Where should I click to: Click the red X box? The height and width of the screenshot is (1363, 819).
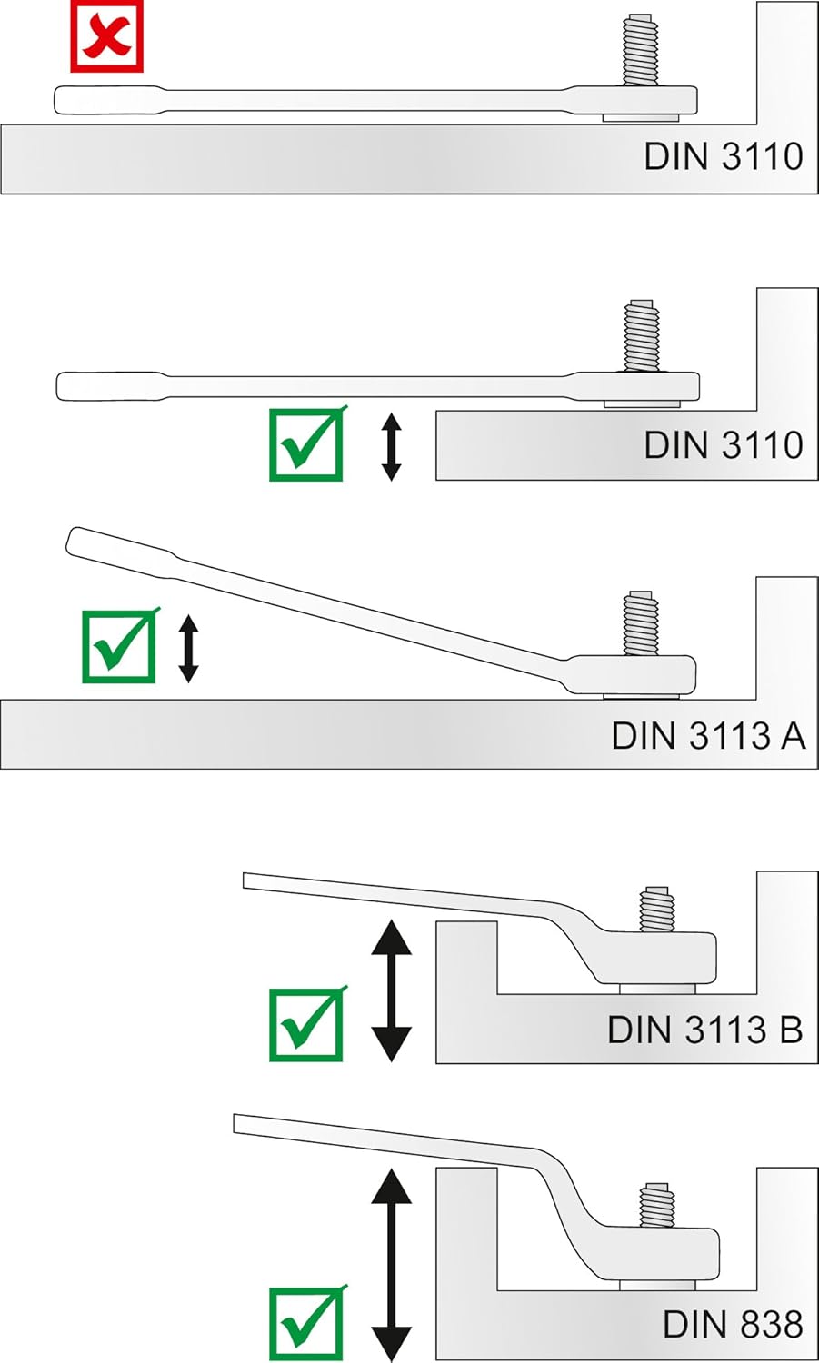pos(107,36)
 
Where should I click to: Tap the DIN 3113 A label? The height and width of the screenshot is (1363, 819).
pos(708,735)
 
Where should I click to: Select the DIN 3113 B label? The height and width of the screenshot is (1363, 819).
pos(704,1030)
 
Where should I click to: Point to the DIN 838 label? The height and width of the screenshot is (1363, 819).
pos(733,1324)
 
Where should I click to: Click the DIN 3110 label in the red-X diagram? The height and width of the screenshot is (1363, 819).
pos(724,156)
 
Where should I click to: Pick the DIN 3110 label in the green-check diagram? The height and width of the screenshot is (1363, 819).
pos(724,445)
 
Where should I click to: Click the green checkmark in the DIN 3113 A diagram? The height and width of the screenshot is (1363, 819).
pos(119,646)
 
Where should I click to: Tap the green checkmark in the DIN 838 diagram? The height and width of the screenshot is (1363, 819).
pos(307,1324)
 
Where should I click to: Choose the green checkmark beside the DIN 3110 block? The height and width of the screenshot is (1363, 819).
pos(307,444)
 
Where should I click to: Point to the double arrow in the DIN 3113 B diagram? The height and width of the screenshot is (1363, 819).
pos(392,990)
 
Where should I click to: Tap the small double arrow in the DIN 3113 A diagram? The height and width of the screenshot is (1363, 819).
pos(188,648)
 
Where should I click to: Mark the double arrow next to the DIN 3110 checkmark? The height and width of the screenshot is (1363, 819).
pos(391,445)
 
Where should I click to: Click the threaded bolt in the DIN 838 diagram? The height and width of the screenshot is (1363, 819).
pos(656,1206)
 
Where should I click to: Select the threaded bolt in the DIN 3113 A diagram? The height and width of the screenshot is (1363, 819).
pos(641,622)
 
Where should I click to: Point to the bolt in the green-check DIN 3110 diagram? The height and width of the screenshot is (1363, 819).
pos(640,336)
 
